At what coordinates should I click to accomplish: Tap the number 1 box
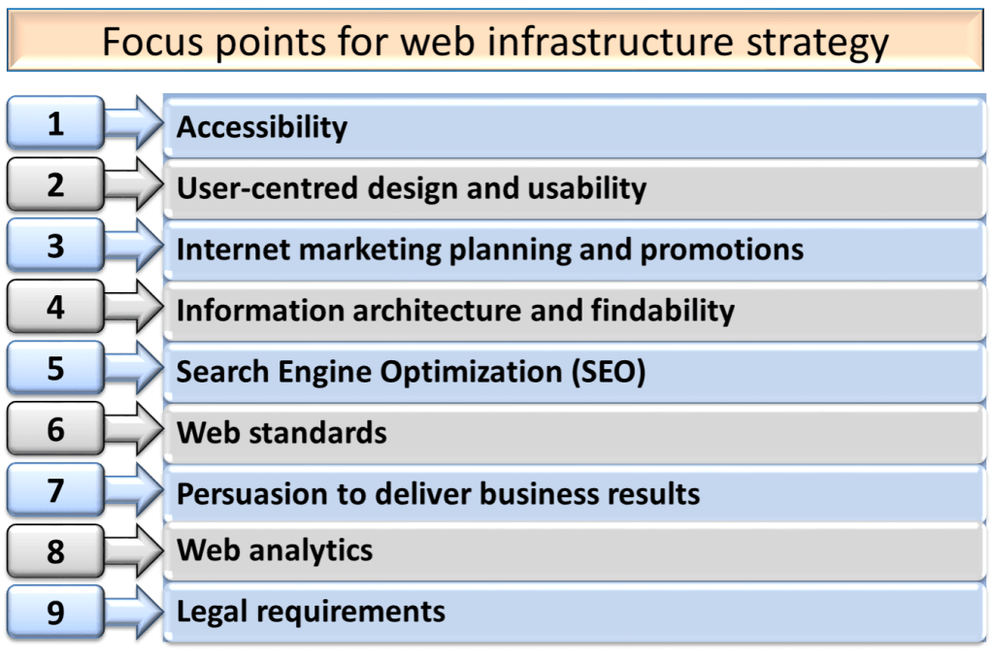click(x=54, y=123)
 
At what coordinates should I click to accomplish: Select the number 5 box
click(x=54, y=368)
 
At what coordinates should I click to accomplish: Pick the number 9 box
click(x=54, y=613)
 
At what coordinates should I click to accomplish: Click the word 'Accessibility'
click(x=261, y=127)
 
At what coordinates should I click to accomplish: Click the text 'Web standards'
click(x=281, y=432)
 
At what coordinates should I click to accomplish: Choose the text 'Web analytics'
click(x=275, y=551)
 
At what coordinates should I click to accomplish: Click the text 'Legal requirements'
click(x=311, y=612)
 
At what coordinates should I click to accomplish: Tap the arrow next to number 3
click(x=134, y=246)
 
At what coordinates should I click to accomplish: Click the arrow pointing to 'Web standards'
click(x=134, y=429)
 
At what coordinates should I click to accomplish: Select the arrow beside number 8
click(x=134, y=551)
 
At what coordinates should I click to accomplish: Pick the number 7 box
click(x=54, y=490)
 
